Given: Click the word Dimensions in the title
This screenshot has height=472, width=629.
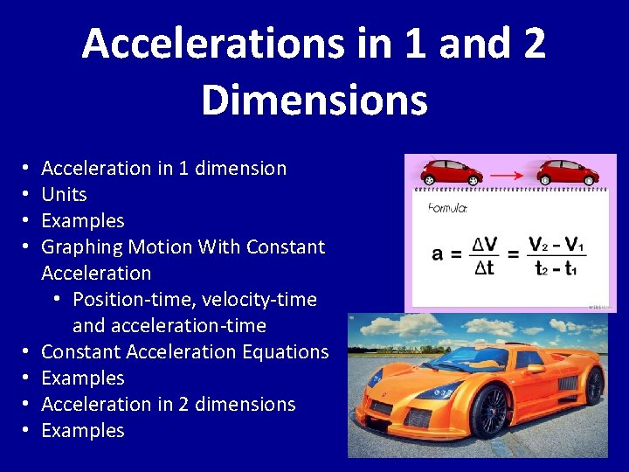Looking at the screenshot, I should click(314, 99).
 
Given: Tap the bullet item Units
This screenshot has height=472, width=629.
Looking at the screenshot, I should click(64, 194).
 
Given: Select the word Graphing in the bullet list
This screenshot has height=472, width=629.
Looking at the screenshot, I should click(83, 247).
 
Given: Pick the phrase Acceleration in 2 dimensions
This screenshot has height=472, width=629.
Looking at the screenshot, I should click(169, 404).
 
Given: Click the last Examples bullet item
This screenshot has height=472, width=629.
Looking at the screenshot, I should click(83, 430).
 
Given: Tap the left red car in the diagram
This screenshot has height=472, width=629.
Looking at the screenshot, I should click(451, 171).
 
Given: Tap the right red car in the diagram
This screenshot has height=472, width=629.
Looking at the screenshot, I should click(569, 171).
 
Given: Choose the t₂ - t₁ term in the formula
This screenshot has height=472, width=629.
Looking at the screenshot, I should click(556, 268).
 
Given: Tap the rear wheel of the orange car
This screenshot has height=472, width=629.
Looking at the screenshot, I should click(595, 385).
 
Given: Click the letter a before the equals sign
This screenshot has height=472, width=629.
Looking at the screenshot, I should click(437, 254).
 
